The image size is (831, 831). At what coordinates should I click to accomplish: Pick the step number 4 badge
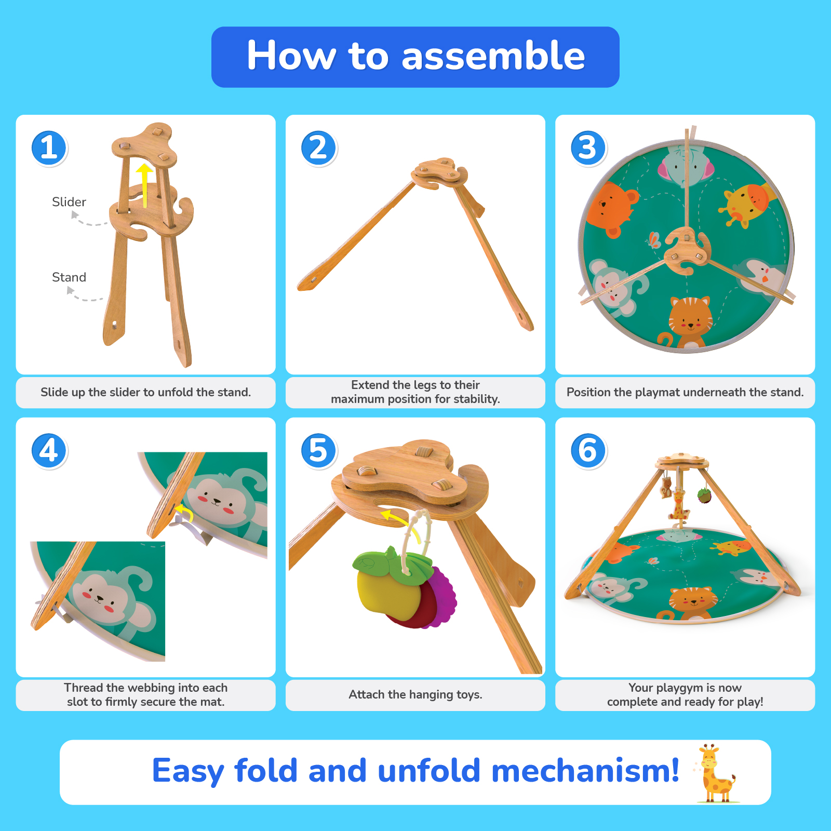pyautogui.click(x=49, y=450)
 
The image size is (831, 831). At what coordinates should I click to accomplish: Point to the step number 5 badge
pyautogui.click(x=318, y=450)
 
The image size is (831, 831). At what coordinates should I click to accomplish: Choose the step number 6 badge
pyautogui.click(x=588, y=450)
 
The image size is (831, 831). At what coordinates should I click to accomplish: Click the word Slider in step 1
pyautogui.click(x=69, y=202)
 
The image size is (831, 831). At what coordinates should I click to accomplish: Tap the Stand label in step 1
pyautogui.click(x=69, y=277)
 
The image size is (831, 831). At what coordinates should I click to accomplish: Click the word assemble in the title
pyautogui.click(x=493, y=56)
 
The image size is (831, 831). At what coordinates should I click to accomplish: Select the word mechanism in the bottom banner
pyautogui.click(x=585, y=770)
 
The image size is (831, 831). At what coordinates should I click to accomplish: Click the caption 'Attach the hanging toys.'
pyautogui.click(x=415, y=694)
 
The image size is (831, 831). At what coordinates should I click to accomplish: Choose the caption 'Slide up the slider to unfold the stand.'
pyautogui.click(x=145, y=392)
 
